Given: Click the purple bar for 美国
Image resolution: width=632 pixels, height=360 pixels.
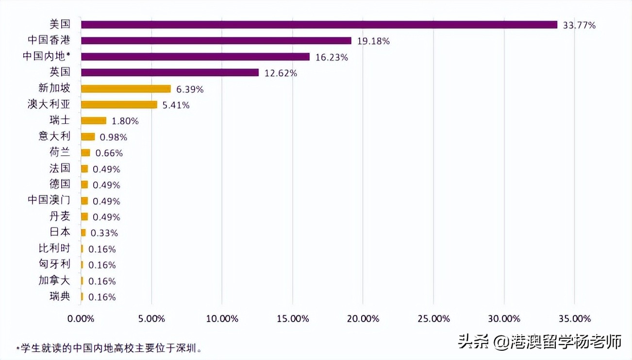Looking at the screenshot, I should [319, 25].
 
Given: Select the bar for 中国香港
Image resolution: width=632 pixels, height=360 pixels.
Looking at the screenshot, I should [216, 41].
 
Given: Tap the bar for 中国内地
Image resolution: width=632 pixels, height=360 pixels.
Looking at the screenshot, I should [195, 57].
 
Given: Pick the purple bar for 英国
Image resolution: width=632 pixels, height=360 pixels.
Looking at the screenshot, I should [170, 73].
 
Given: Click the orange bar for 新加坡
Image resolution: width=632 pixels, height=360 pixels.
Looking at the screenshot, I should [126, 89].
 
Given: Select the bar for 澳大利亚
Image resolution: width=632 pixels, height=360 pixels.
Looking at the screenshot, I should [119, 105].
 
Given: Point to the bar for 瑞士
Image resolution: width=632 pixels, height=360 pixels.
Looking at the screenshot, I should [94, 121].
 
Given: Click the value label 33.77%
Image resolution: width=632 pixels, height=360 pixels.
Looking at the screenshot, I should [579, 25].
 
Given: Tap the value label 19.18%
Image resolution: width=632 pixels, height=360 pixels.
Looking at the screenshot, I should [373, 41].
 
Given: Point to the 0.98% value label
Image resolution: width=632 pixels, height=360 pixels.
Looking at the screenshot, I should [114, 137].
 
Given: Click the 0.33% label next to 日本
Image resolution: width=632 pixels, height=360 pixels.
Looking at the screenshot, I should [104, 233].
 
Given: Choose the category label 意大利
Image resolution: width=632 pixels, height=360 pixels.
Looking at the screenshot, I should [54, 136].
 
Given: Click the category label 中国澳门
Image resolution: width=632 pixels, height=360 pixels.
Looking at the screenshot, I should [49, 200].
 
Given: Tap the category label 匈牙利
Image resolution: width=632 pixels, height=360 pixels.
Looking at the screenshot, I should [54, 264].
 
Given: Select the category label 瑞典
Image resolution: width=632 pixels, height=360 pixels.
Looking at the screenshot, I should [60, 296].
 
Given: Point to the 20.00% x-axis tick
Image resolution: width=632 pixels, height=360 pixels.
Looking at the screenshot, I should [363, 319].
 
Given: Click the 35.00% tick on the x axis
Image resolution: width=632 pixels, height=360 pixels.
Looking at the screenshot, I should [574, 319].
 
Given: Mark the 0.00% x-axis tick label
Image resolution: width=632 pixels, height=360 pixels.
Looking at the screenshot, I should [81, 319].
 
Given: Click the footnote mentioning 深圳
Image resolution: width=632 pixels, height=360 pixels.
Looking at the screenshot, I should [109, 348].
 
